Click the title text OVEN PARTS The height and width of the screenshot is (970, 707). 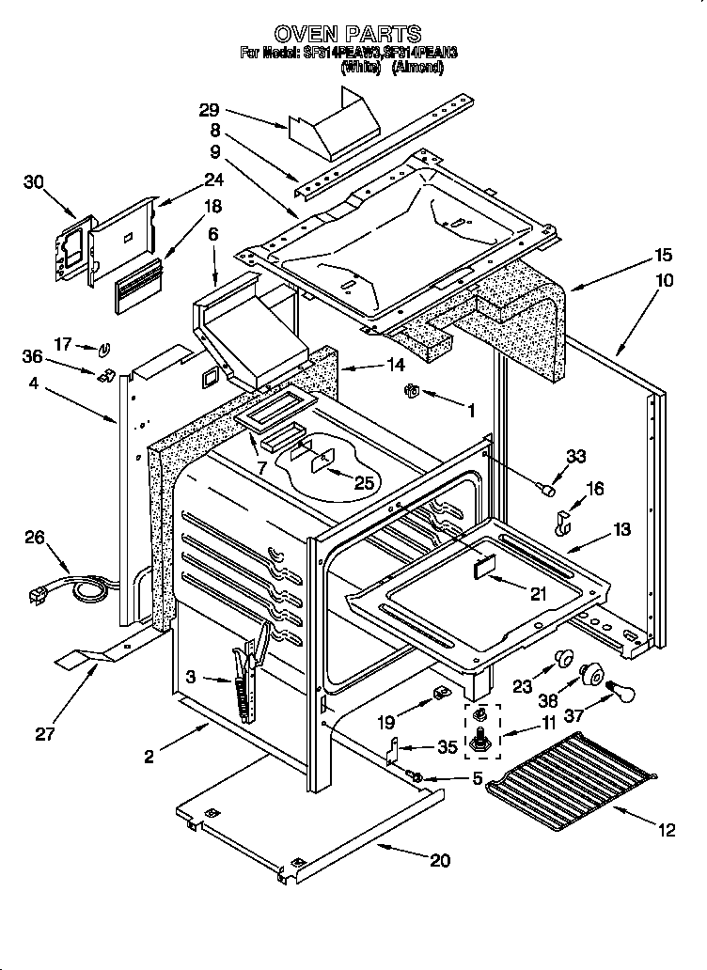tap(354, 34)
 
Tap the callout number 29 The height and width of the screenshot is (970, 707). tap(209, 110)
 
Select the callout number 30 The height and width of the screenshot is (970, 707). tap(35, 182)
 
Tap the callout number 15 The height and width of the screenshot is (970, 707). tap(664, 255)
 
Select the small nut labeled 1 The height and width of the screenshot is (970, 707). tap(411, 390)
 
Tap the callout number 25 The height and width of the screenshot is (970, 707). tap(363, 482)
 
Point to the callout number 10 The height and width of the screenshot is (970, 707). tap(664, 280)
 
